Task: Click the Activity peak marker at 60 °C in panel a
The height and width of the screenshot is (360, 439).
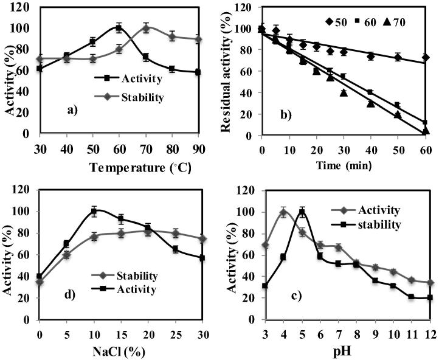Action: (x=119, y=27)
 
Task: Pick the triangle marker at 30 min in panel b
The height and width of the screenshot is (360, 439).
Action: (x=344, y=92)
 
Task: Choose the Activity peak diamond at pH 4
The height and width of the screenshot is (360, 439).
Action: (x=283, y=212)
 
